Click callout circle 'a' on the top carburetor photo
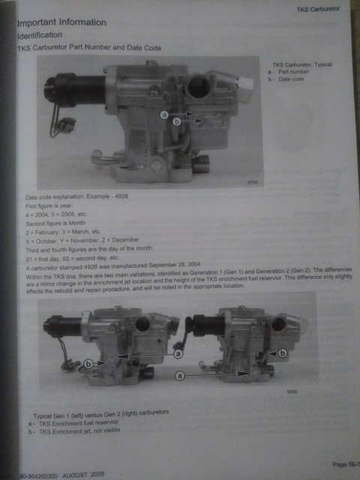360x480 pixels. pos(163,115)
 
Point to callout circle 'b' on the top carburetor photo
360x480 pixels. pos(177,120)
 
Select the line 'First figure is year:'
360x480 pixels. pos(44,204)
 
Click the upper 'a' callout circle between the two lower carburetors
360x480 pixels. pos(178,352)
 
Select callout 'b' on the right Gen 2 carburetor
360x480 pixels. pos(282,352)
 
